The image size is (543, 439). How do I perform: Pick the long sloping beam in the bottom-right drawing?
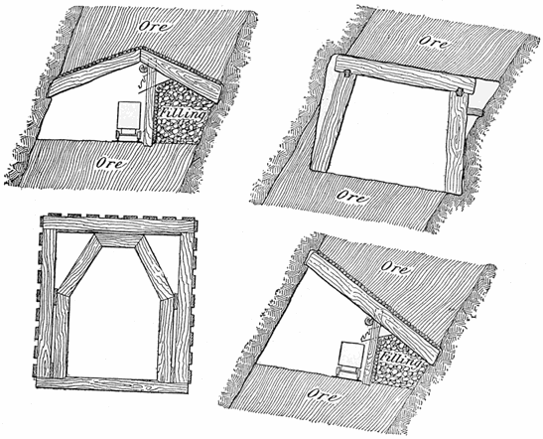click(x=367, y=294)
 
